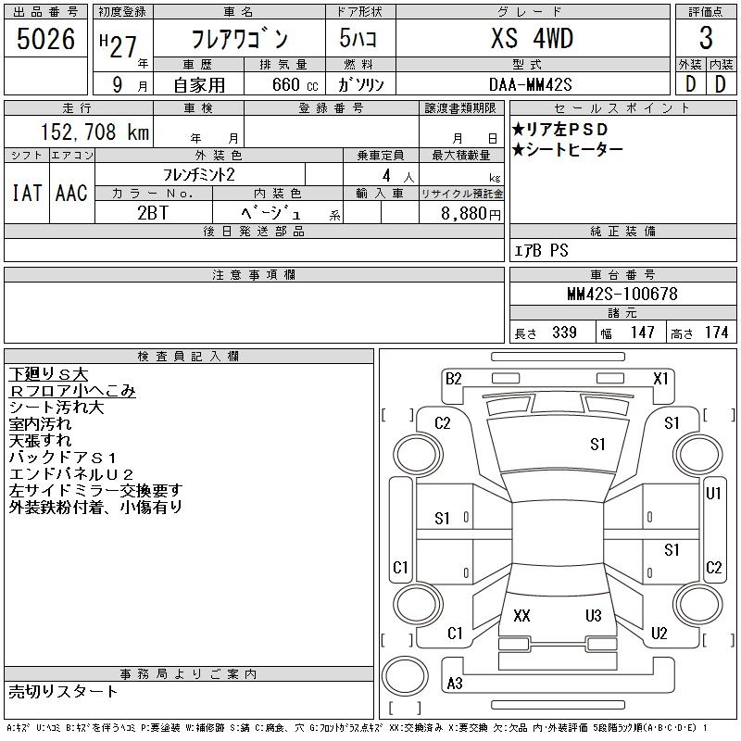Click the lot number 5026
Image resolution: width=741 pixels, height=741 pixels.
[x=45, y=39]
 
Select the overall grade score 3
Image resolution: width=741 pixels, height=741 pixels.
[x=706, y=39]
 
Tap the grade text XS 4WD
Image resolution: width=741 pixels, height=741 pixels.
[x=532, y=39]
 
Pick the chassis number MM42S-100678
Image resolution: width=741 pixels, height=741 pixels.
[x=622, y=295]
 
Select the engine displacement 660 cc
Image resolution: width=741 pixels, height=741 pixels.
[x=282, y=83]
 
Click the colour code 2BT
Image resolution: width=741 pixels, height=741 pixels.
[x=153, y=212]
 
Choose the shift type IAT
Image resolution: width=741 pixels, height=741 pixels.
[x=26, y=193]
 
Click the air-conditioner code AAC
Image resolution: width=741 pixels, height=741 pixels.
[x=71, y=193]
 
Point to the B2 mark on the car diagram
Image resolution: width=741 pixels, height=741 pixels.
[x=453, y=378]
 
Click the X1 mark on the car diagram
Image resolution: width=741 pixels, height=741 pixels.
[x=660, y=378]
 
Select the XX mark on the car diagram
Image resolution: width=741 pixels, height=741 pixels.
[x=521, y=615]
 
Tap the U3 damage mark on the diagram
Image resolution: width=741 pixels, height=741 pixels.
[x=594, y=615]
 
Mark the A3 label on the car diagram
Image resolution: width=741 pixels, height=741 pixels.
[x=455, y=684]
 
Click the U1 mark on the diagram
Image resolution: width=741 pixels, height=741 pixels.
[x=713, y=494]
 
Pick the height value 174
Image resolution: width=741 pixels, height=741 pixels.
[x=716, y=333]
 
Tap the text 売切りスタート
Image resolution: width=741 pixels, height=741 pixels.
[x=63, y=691]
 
